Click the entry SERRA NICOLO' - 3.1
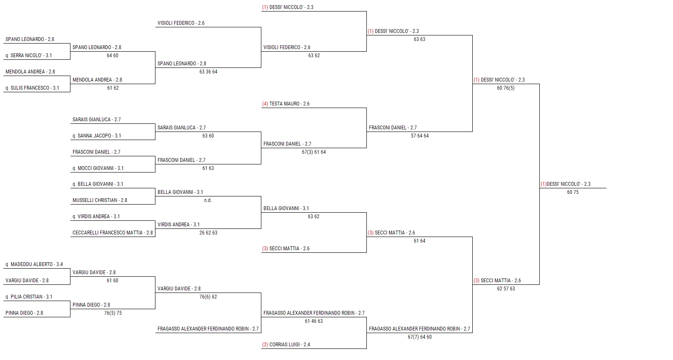pyautogui.click(x=31, y=56)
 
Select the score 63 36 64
pyautogui.click(x=208, y=72)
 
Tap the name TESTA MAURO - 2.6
pyautogui.click(x=290, y=104)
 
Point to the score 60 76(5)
pyautogui.click(x=506, y=88)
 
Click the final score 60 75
pyautogui.click(x=573, y=192)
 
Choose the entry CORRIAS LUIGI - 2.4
pyautogui.click(x=290, y=345)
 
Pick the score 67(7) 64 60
pyautogui.click(x=420, y=337)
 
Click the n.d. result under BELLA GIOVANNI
pyautogui.click(x=208, y=200)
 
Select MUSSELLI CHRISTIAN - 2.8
pyautogui.click(x=100, y=200)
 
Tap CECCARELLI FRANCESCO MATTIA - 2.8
pyautogui.click(x=113, y=233)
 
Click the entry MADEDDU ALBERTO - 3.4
pyautogui.click(x=37, y=264)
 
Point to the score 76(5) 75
pyautogui.click(x=113, y=313)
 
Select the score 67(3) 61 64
pyautogui.click(x=314, y=152)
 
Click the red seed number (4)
pyautogui.click(x=265, y=104)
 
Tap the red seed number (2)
pyautogui.click(x=265, y=345)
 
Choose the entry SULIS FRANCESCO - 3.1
pyautogui.click(x=35, y=88)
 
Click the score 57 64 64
pyautogui.click(x=420, y=136)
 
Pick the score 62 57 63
pyautogui.click(x=506, y=289)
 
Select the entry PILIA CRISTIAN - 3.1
pyautogui.click(x=32, y=297)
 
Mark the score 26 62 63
pyautogui.click(x=208, y=233)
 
